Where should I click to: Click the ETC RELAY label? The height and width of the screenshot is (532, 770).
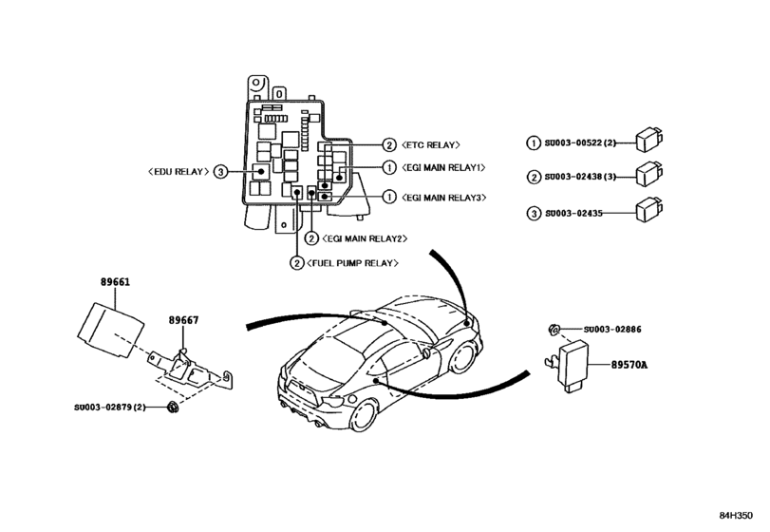(431, 145)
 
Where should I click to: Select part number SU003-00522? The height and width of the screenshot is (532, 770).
(581, 142)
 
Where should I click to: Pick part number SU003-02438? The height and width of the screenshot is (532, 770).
(581, 177)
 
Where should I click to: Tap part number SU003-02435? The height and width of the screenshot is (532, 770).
(575, 212)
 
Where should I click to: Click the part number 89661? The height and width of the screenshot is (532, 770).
(116, 282)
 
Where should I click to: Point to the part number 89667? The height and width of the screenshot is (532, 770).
(184, 320)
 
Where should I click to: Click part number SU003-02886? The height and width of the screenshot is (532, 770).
(613, 329)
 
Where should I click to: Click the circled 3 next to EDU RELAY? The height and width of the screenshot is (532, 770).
(220, 172)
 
